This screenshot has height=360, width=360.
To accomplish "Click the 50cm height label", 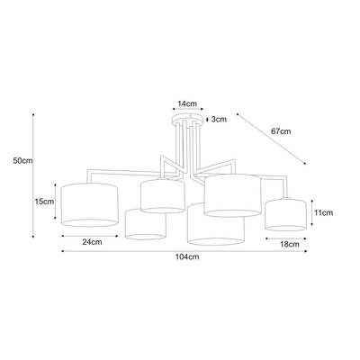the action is pos(22,160).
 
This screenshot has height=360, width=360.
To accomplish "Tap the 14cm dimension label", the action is pos(187,103).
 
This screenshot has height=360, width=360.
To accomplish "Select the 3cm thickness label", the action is pos(219,120).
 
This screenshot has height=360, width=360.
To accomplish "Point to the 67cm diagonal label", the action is pos(281,131).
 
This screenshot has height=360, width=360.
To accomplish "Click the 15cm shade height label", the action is pos(44,202).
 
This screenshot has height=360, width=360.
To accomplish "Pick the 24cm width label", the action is pos(92,242).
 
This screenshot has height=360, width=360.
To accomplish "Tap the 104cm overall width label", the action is pos(187,257).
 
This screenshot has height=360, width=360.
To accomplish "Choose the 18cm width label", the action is pos(290,244).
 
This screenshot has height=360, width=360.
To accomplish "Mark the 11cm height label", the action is pos(323,212).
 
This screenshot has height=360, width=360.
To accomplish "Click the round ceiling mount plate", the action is pos(188,118).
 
